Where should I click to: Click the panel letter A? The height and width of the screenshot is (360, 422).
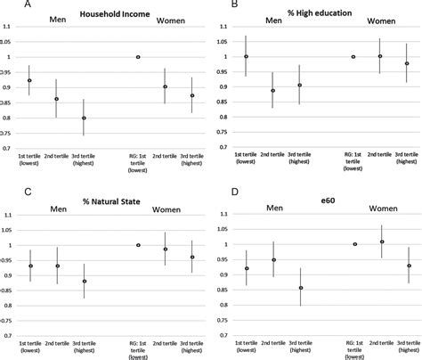[x=8, y=4]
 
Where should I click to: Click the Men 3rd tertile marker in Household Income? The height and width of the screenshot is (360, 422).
[x=85, y=119]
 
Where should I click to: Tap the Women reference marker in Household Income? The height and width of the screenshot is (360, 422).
[x=138, y=57]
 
